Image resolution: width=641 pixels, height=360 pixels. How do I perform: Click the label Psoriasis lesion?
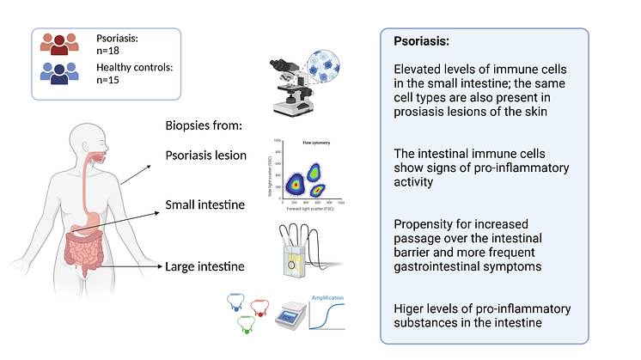[x=206, y=156]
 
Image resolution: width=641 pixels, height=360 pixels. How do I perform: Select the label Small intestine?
[x=205, y=205]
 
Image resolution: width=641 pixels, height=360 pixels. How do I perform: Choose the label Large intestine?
[x=205, y=267]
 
